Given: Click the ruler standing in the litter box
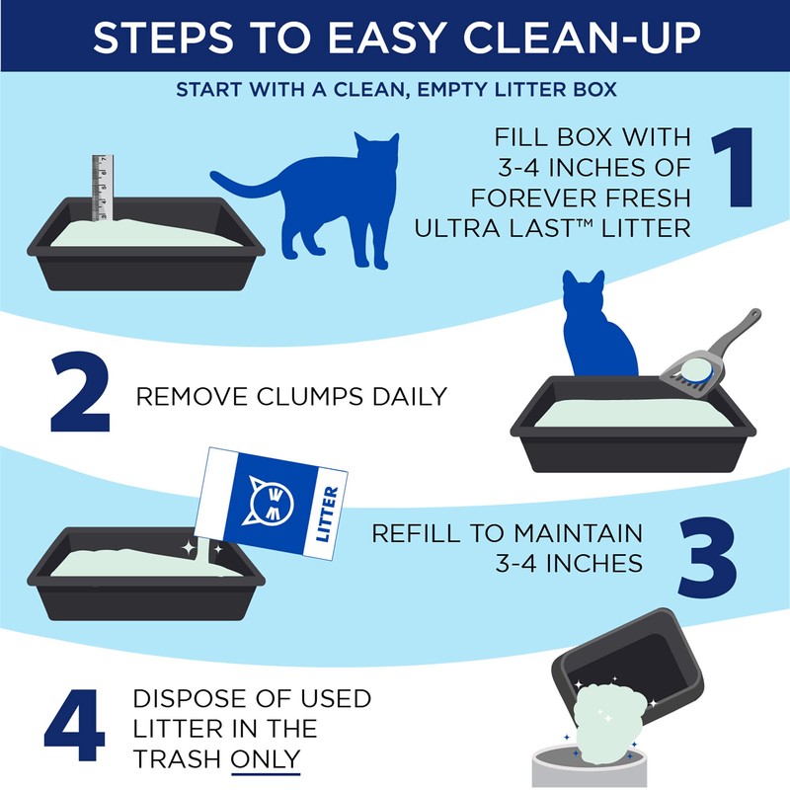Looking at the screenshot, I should click(99, 188).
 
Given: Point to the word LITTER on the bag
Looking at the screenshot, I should click(329, 513).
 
